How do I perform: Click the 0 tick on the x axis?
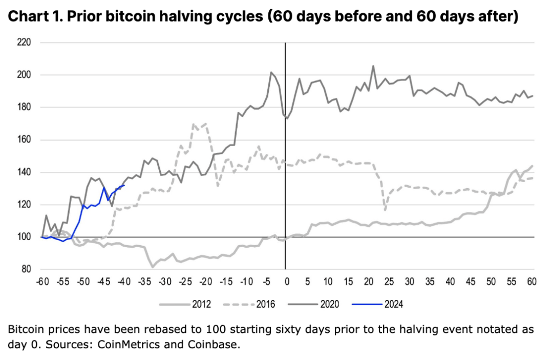(287, 281)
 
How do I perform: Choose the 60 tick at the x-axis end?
(531, 281)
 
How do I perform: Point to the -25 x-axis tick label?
(184, 281)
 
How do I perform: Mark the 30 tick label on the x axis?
(409, 281)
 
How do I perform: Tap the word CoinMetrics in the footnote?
(137, 344)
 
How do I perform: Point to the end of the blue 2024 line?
(123, 186)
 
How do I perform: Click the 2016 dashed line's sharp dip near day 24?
(385, 210)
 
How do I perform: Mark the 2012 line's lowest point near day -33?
(153, 267)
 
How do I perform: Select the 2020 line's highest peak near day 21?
(373, 66)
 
